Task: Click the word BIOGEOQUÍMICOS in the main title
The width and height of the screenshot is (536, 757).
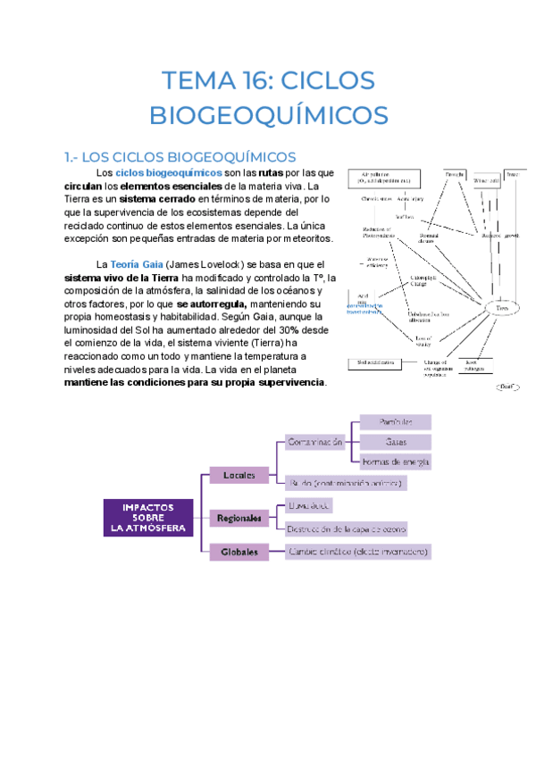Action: (x=268, y=116)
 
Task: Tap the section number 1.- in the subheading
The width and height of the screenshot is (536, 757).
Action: (x=75, y=156)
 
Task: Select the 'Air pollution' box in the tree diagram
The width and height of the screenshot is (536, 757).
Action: (x=384, y=177)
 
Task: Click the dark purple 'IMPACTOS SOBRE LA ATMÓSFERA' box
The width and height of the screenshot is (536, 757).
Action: (x=148, y=517)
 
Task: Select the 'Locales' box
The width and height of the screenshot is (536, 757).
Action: (x=239, y=476)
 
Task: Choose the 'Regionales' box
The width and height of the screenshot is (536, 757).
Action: (x=239, y=518)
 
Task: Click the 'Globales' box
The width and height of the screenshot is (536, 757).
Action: (x=239, y=552)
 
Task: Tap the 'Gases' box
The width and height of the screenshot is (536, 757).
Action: (x=396, y=442)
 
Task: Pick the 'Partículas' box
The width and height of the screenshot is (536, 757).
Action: (x=396, y=421)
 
